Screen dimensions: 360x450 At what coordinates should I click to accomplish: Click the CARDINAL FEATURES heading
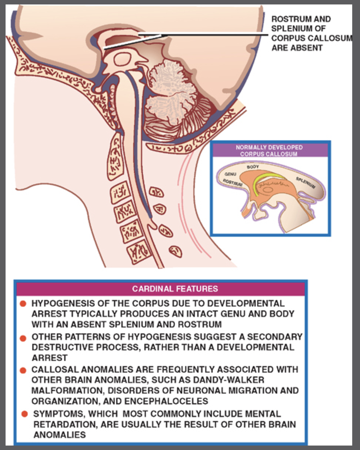pyautogui.click(x=175, y=288)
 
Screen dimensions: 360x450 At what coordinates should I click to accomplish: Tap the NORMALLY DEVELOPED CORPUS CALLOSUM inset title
pyautogui.click(x=269, y=150)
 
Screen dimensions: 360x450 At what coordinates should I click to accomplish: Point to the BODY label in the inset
pyautogui.click(x=253, y=167)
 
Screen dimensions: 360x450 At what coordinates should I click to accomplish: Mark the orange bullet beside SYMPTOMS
pyautogui.click(x=24, y=414)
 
